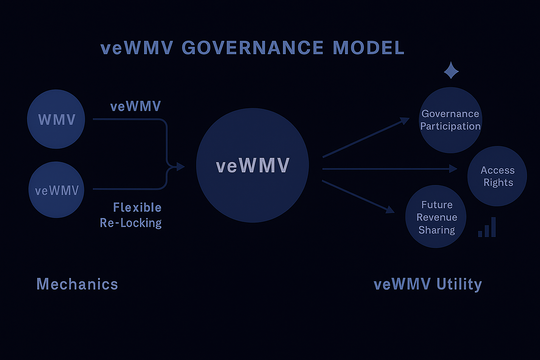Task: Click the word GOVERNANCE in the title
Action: (x=252, y=48)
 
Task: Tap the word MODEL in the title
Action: (x=368, y=48)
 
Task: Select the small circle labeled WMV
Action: (x=56, y=119)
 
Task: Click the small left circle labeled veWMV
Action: (x=56, y=190)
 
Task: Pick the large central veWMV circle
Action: (x=252, y=165)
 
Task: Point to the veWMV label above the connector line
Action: (x=135, y=107)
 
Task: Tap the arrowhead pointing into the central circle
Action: (x=181, y=166)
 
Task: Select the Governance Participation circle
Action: (x=450, y=120)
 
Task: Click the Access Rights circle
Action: (x=497, y=176)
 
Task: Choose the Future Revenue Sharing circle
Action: (x=436, y=217)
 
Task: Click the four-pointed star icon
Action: (x=451, y=70)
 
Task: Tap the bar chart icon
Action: (x=487, y=228)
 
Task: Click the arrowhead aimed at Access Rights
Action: (x=454, y=169)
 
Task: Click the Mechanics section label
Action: (x=77, y=284)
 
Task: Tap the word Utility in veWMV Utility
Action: (x=459, y=284)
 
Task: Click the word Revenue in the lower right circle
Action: (x=437, y=217)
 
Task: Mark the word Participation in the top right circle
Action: (x=450, y=126)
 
